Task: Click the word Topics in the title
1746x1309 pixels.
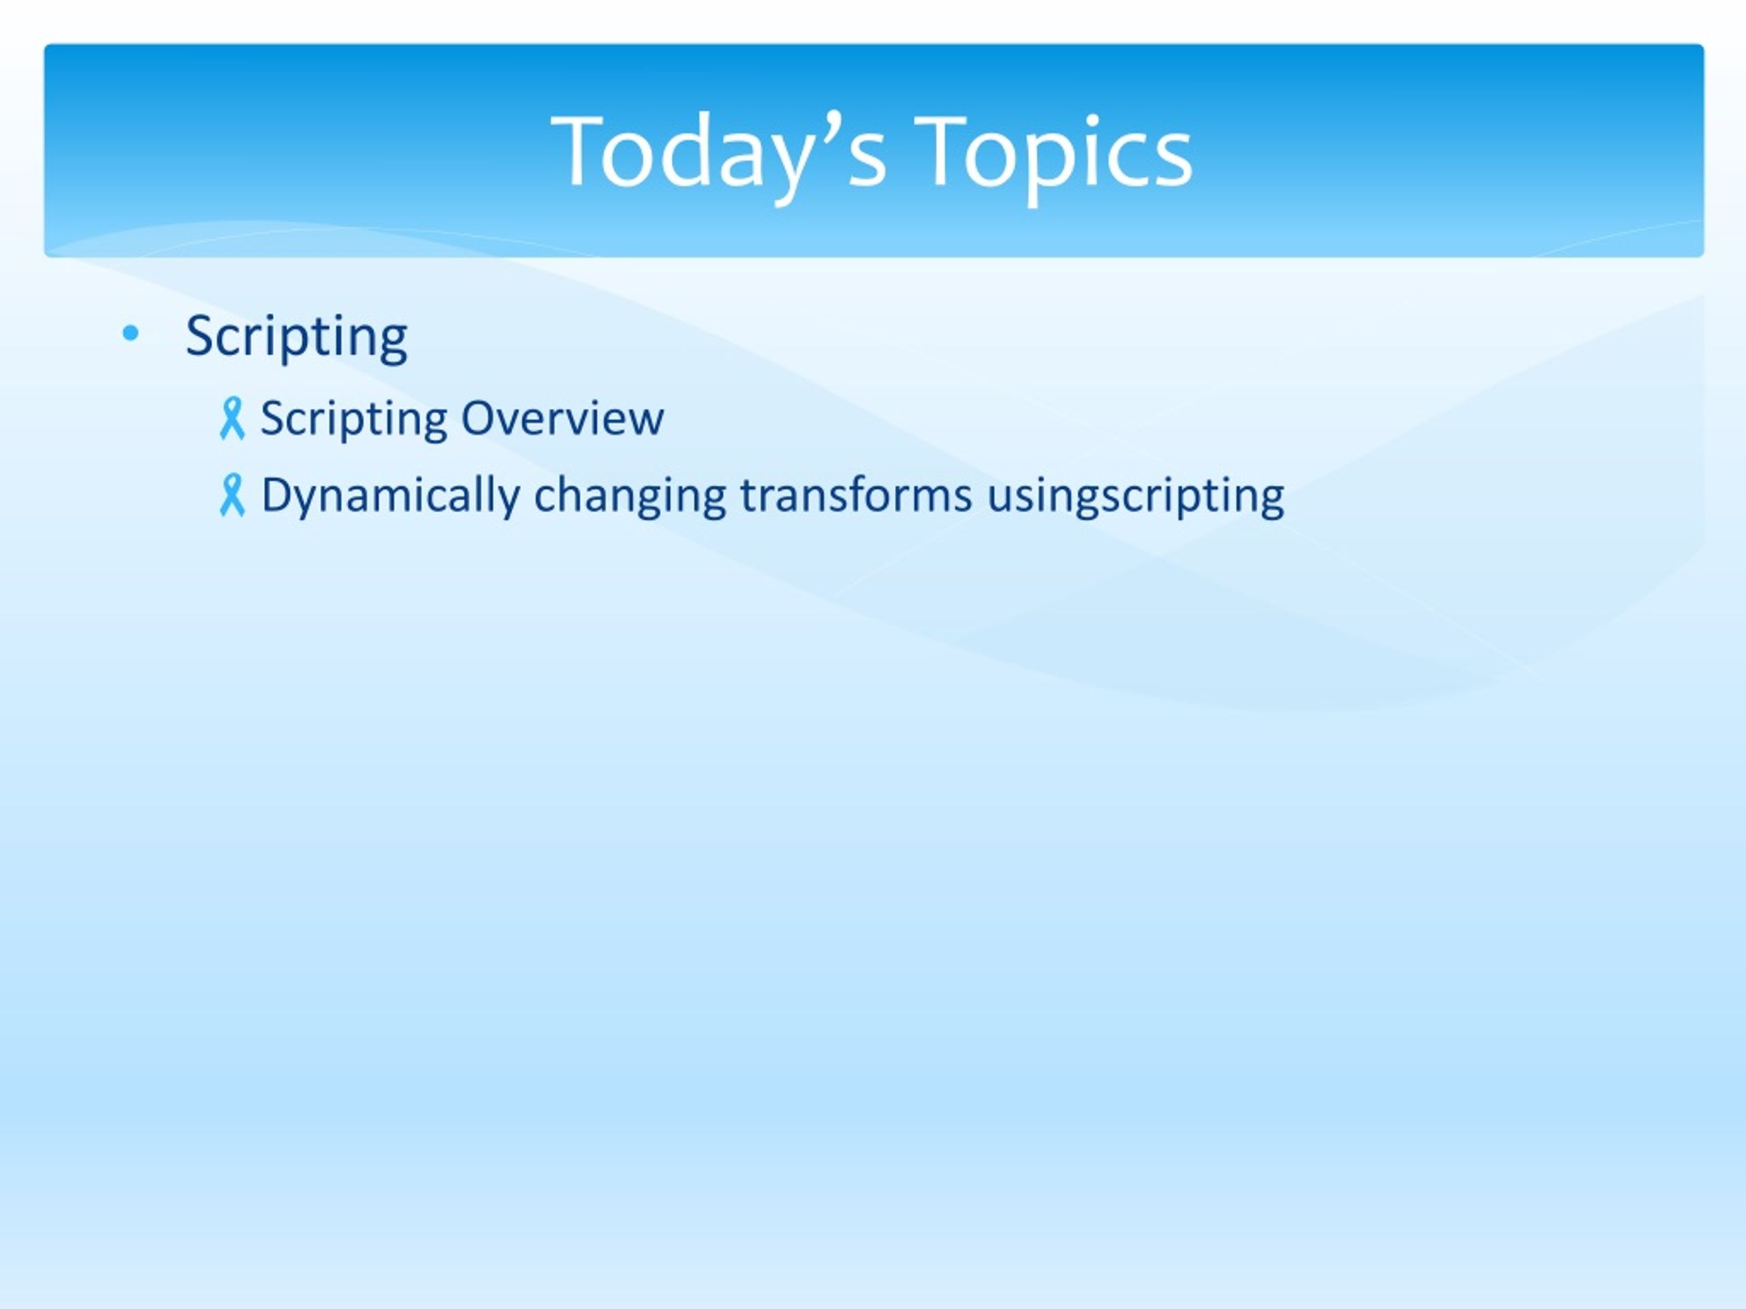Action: [x=1054, y=154]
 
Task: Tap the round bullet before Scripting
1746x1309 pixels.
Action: [x=131, y=334]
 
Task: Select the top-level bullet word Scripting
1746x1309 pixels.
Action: [x=297, y=337]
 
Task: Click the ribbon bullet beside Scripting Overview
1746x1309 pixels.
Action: [x=232, y=418]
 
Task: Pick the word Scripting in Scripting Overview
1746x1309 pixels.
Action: [x=353, y=419]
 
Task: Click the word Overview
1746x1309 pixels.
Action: [x=562, y=417]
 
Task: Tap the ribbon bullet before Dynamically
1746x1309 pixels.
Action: [x=232, y=496]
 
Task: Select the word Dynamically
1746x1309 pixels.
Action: [x=391, y=496]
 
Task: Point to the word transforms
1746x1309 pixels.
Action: [x=856, y=495]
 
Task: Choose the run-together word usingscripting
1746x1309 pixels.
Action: [x=1135, y=496]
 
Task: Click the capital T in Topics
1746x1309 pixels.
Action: [x=948, y=150]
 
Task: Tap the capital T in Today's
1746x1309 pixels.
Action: [x=583, y=150]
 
